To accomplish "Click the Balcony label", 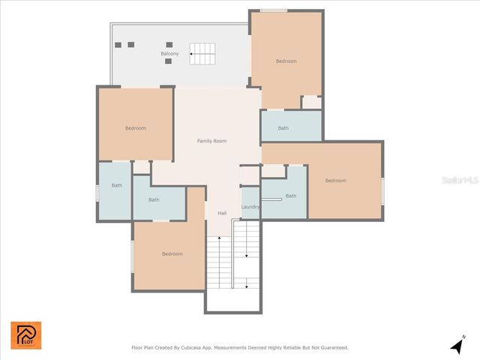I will (169, 54).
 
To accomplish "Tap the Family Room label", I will (211, 141).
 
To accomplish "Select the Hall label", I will (222, 214).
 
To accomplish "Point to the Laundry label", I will (250, 207).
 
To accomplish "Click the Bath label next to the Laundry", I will (291, 196).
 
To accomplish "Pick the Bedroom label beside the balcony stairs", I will (286, 61).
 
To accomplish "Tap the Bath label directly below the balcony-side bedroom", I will (283, 128).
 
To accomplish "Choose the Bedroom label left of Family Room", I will (136, 128).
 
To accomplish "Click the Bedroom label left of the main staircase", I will (172, 254).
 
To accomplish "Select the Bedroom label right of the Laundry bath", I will (335, 181).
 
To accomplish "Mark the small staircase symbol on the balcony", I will (202, 51).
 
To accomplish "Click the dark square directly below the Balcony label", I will (168, 61).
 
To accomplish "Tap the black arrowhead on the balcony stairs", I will (191, 52).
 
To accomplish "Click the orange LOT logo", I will (26, 335).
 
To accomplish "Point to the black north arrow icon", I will (456, 346).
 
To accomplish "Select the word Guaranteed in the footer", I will (331, 348).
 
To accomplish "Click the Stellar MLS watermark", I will (460, 181).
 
